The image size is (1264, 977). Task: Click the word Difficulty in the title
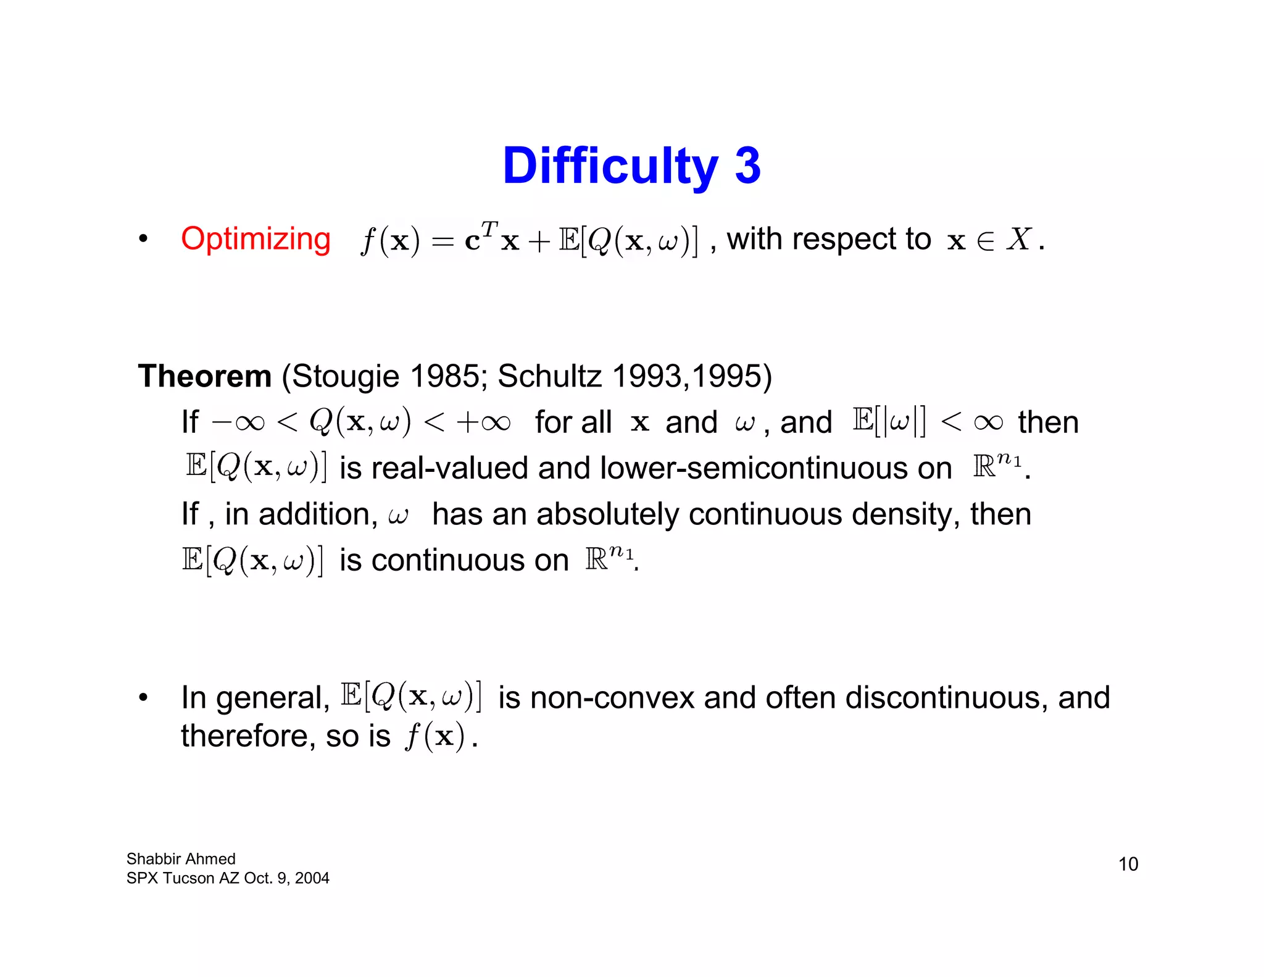coord(610,167)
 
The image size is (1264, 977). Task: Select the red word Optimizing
coord(256,239)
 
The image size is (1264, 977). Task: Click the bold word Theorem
coord(204,376)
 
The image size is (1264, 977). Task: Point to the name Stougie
coord(345,376)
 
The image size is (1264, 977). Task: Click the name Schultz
coord(549,376)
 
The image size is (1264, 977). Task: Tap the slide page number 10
coord(1128,864)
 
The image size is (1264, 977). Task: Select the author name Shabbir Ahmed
coord(181,859)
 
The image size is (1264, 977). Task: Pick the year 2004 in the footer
coord(312,878)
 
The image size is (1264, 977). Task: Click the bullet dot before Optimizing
coord(143,239)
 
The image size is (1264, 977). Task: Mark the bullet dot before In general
coord(143,698)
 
